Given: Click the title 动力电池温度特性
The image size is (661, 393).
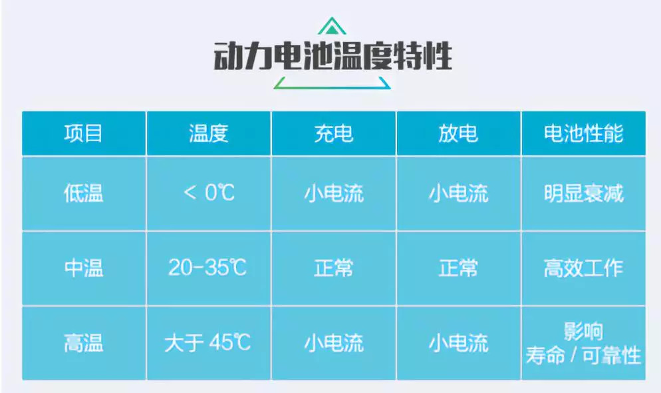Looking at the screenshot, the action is pos(332,56).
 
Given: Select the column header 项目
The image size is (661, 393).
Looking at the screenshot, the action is pos(83,133).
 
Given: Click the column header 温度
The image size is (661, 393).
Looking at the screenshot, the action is pos(208,133).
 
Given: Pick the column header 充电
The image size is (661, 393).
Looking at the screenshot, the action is pos(333,133).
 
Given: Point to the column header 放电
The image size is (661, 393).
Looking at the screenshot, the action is pos(458,133).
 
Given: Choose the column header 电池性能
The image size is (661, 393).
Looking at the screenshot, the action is pos(583,133).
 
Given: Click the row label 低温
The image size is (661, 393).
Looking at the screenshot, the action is pos(84,193).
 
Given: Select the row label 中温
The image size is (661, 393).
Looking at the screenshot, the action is pos(84,268).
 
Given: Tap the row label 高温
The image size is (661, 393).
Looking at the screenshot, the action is pos(84,343).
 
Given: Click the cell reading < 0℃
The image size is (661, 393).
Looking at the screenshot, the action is pos(209,193).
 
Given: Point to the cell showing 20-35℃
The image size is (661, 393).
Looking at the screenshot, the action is pos(207,267).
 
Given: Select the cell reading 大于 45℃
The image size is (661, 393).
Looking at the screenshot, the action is pos(207,342).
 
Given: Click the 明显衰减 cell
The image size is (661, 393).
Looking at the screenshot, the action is pos(583,193).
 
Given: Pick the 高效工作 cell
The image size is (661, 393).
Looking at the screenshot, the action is pos(583,268).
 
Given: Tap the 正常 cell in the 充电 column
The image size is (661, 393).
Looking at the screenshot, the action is pos(333,268).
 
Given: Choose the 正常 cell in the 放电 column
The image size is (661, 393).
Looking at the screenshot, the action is pos(458,268).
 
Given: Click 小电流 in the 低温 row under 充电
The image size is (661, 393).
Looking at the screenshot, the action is pos(334,194).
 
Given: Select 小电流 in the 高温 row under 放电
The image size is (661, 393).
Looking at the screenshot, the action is pos(459,343).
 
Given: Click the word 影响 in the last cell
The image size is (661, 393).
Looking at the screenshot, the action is pos(583,331).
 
